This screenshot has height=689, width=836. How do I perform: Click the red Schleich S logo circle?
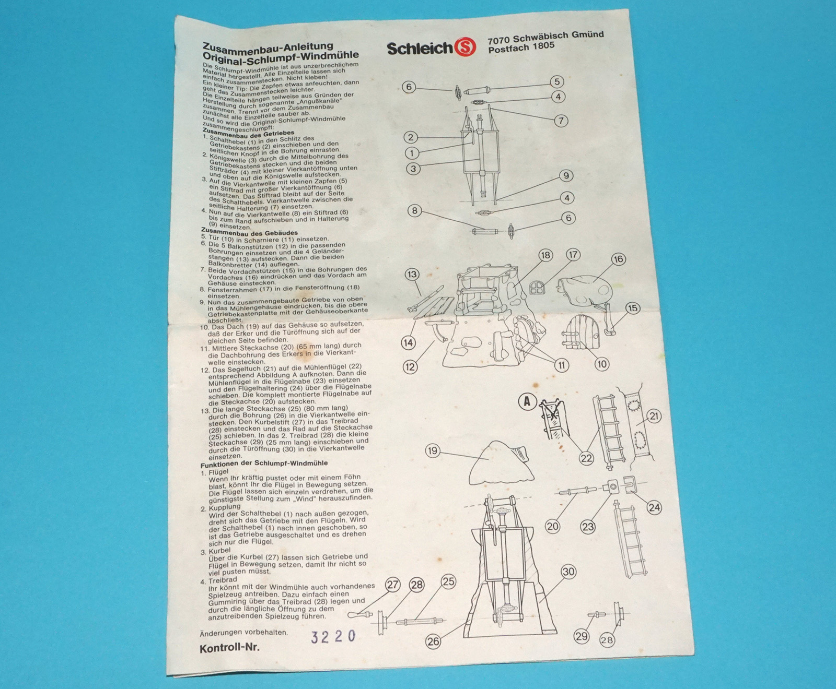pos(466,47)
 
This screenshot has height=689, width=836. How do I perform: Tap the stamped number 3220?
pos(333,636)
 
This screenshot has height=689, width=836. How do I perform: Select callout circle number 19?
pos(432,450)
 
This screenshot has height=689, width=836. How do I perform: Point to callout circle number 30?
pos(568,572)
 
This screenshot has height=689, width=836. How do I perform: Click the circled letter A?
pos(527,401)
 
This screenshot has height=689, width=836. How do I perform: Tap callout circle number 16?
pos(618,259)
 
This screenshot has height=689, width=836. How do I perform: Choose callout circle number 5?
pos(557,81)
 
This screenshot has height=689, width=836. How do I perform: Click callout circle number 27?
pos(392,585)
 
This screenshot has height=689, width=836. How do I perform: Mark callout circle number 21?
pos(654,416)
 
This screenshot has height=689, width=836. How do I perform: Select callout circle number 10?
pos(601,364)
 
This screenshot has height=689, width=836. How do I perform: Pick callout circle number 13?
pos(412,275)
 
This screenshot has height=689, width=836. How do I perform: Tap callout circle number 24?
pos(654,507)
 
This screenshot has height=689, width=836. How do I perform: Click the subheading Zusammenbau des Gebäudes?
pos(249,233)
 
